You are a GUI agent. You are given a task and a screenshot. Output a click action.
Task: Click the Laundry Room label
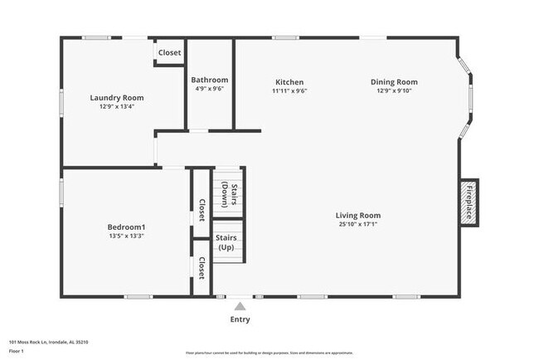coord(111,98)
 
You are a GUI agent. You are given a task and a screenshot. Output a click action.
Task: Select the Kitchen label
coord(289,82)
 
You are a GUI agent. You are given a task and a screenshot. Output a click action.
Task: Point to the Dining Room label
coord(394,82)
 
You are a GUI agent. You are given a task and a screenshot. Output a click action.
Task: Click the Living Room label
coord(359,216)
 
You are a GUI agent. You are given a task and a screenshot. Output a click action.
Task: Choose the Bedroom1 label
coord(126,227)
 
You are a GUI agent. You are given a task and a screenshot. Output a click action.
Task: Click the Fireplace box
coord(469,201)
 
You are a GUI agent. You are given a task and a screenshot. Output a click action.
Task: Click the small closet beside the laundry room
coord(169,53)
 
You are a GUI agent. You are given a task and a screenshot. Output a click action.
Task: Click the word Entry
coord(240,319)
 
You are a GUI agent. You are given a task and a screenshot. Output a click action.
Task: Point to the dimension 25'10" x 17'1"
coord(359,224)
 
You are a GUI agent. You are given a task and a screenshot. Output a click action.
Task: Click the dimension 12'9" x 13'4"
coord(111,106)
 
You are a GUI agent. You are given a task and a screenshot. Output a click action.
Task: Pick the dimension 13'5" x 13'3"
coord(126,236)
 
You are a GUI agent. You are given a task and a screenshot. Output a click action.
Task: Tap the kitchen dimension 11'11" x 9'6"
coord(289,90)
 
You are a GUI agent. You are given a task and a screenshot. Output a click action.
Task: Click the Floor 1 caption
coord(17,351)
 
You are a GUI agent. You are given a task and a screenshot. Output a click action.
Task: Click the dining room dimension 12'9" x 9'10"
coord(394,90)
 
